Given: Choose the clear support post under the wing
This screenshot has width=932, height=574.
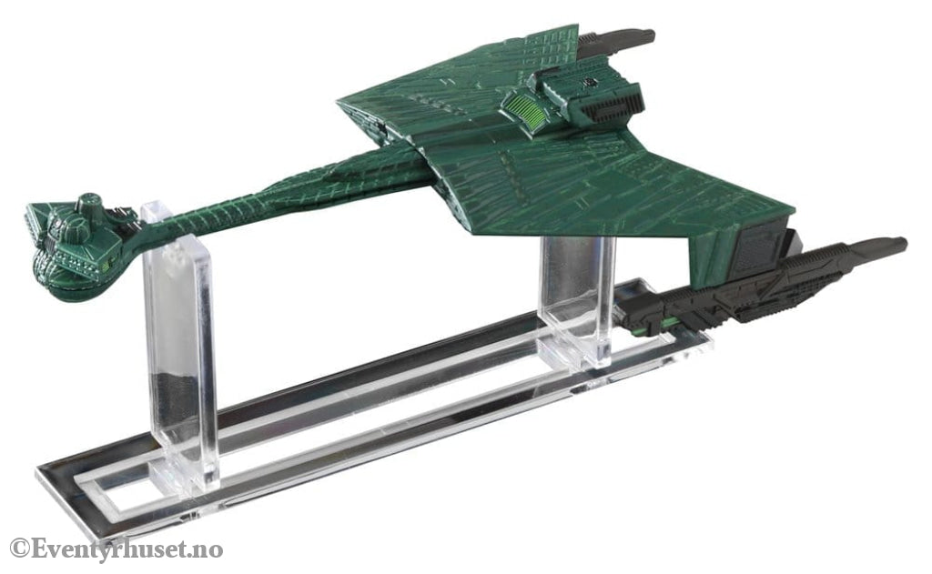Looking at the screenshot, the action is (x=576, y=297).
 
